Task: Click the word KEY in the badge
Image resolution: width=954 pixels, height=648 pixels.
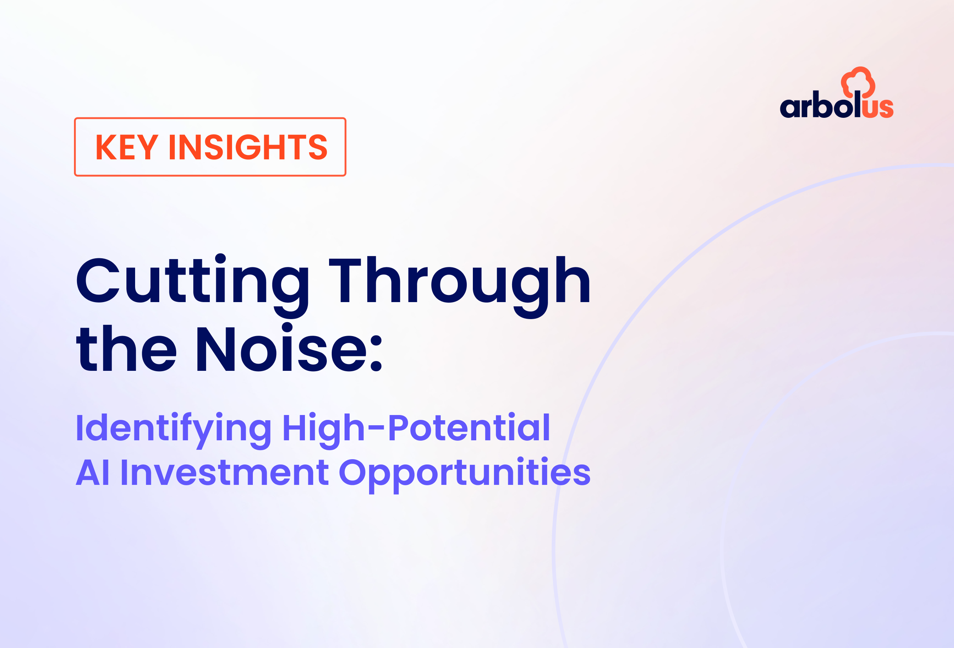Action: click(x=127, y=147)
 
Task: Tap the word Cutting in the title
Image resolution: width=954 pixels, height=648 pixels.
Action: click(x=192, y=286)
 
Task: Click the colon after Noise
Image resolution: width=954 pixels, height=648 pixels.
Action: click(x=376, y=353)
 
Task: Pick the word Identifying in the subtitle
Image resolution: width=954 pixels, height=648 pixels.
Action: click(x=174, y=430)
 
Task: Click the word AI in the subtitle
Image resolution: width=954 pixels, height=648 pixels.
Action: click(x=93, y=473)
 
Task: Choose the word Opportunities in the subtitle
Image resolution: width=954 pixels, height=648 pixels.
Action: click(x=465, y=475)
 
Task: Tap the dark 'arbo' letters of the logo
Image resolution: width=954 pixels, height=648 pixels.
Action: click(x=817, y=105)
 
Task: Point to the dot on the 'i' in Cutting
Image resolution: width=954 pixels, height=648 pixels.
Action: click(x=220, y=259)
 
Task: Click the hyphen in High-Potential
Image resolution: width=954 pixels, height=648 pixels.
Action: click(x=376, y=429)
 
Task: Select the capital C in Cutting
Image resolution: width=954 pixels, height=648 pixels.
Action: click(x=98, y=281)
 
